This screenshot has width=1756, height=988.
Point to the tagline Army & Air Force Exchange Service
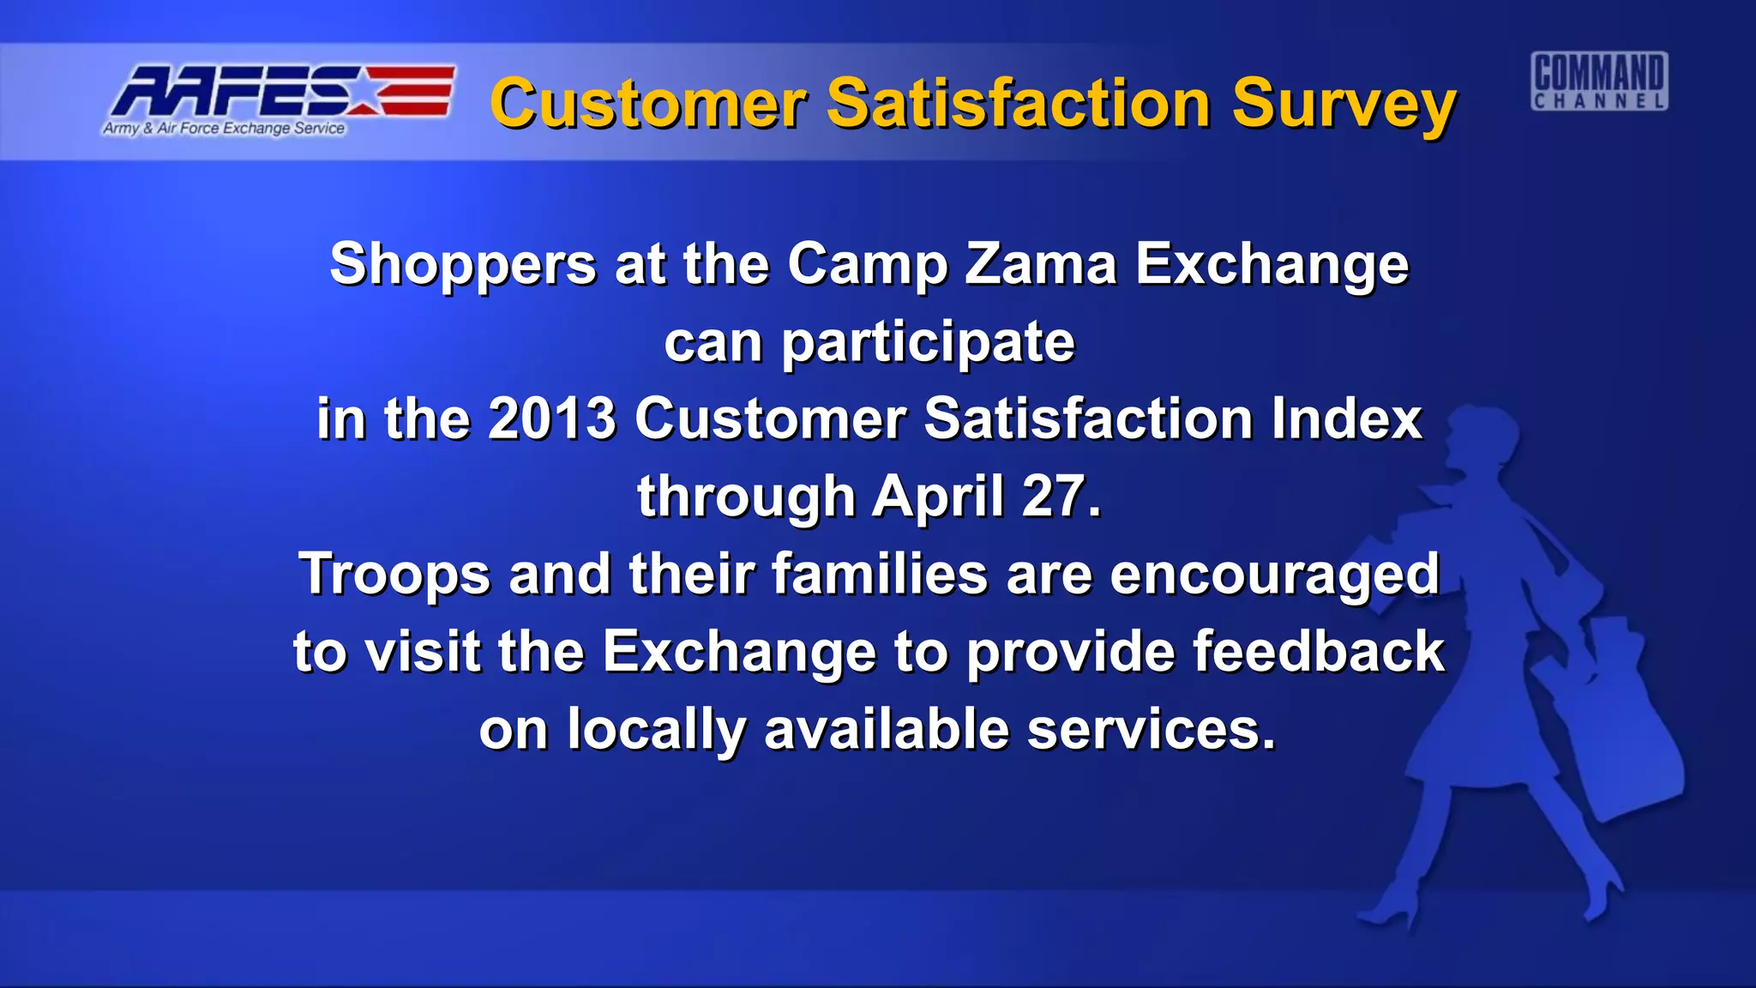click(224, 129)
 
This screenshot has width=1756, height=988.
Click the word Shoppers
click(463, 265)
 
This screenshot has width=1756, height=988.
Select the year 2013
click(551, 419)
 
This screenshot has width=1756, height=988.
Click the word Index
click(1346, 419)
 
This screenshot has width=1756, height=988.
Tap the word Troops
click(394, 575)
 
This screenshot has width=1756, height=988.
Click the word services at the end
click(1151, 730)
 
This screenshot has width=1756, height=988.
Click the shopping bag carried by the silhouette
click(1621, 738)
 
